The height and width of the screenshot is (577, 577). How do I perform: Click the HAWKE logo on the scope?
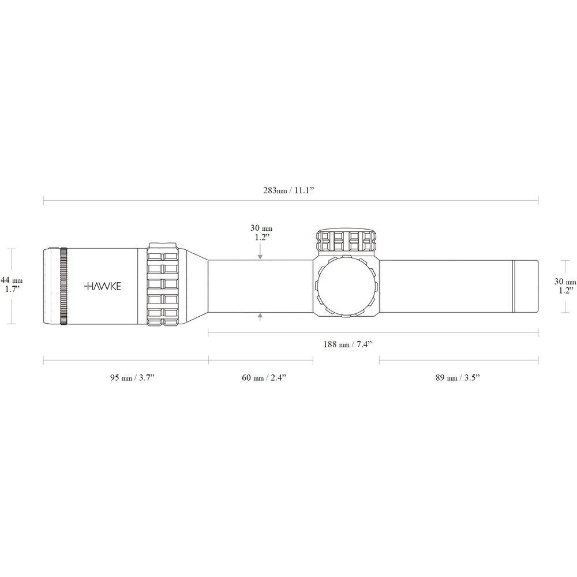pyautogui.click(x=102, y=286)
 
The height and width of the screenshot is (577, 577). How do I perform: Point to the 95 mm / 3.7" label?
pyautogui.click(x=132, y=377)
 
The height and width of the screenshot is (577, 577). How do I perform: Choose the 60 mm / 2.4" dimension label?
pyautogui.click(x=264, y=377)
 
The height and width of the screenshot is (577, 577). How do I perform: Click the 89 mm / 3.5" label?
pyautogui.click(x=458, y=377)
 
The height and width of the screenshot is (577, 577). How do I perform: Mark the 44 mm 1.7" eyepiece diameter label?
pyautogui.click(x=12, y=284)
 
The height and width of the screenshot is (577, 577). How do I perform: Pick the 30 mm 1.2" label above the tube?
pyautogui.click(x=261, y=233)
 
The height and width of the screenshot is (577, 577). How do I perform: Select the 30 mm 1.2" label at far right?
pyautogui.click(x=565, y=286)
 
